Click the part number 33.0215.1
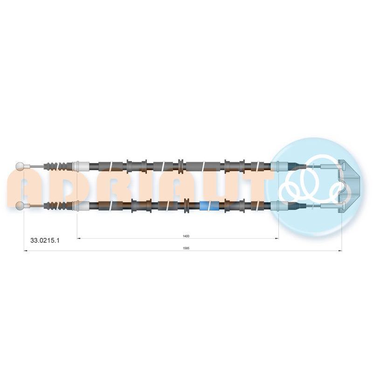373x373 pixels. pos(45,240)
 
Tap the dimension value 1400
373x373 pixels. pos(186,236)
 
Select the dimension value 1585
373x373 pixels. pos(186,248)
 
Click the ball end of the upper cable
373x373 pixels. pos(20,166)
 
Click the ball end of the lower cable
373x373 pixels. pos(20,206)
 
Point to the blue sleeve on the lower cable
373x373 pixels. pos(209,206)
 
